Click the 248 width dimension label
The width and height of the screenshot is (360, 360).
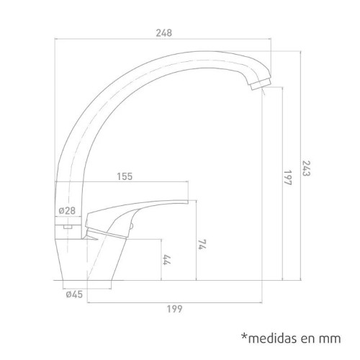(x=164, y=33)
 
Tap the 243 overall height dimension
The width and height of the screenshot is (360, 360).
(x=306, y=168)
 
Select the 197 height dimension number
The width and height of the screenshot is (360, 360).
(x=287, y=178)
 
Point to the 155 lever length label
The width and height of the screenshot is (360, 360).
(x=125, y=176)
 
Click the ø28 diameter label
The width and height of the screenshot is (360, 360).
(x=67, y=211)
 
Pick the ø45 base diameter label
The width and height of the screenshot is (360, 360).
(x=74, y=294)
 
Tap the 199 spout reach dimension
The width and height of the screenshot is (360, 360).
(x=174, y=309)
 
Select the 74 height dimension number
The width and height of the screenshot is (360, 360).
(x=202, y=244)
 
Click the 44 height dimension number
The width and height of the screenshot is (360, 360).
(x=166, y=259)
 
